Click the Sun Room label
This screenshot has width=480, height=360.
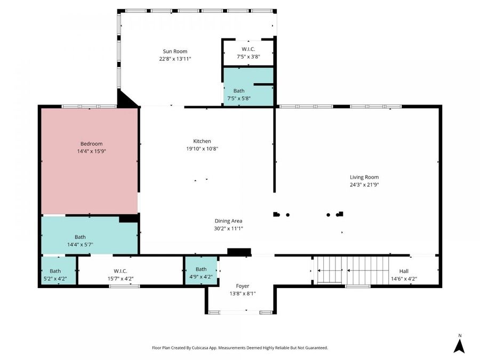click(x=175, y=51)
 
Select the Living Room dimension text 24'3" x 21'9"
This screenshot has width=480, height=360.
click(x=364, y=185)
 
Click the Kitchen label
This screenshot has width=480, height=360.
click(x=202, y=141)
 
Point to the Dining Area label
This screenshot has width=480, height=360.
click(x=228, y=221)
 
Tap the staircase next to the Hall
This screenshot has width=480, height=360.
click(x=352, y=270)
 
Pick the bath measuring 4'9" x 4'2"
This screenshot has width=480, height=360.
click(x=201, y=273)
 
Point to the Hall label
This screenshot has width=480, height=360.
click(x=404, y=271)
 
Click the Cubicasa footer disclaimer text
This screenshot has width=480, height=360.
click(x=240, y=348)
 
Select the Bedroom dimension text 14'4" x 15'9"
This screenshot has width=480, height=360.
click(x=92, y=151)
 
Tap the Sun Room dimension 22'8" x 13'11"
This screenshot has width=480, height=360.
click(x=175, y=59)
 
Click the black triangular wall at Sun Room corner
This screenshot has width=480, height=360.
click(x=126, y=100)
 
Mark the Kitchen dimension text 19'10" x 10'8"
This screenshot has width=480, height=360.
click(x=202, y=149)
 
